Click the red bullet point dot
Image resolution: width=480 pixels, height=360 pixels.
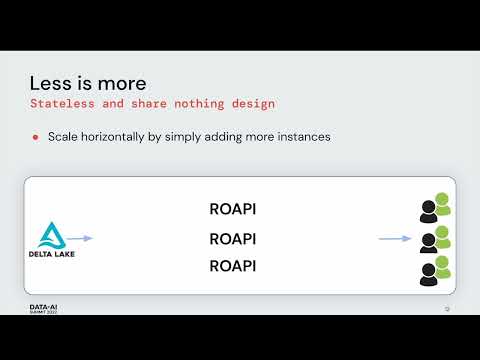pos(34,137)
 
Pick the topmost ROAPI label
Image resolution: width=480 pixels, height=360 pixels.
pos(233,209)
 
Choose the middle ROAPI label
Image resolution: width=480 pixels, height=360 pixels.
pos(233,239)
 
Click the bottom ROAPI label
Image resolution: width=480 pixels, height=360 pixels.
pos(233,266)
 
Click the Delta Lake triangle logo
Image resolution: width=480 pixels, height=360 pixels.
pos(51,234)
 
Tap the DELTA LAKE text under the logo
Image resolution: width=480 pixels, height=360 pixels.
pos(51,254)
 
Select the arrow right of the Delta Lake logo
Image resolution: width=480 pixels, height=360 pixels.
pos(81,238)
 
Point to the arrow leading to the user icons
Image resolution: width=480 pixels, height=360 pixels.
pos(395,238)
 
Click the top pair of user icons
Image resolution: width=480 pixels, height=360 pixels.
pos(435,208)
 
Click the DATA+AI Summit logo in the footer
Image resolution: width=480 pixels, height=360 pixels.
pos(43,309)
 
